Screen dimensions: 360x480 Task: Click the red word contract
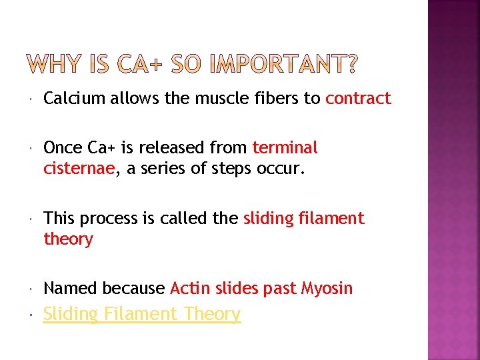point(358,99)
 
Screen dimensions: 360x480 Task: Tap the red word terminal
point(285,147)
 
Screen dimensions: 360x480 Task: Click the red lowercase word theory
point(68,239)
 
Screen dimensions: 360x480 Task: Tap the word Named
point(71,289)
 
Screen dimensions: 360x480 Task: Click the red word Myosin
point(327,289)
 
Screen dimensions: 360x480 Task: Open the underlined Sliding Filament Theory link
point(142,314)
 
